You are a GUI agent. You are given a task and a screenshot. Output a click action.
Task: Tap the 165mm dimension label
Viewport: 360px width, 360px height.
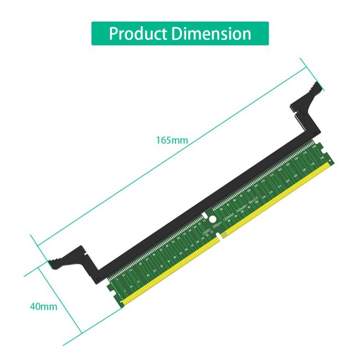pyautogui.click(x=172, y=140)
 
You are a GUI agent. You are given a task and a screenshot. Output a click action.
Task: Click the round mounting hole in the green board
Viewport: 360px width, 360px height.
pyautogui.click(x=211, y=218)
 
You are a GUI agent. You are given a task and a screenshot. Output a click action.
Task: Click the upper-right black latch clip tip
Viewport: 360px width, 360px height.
pyautogui.click(x=316, y=86)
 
